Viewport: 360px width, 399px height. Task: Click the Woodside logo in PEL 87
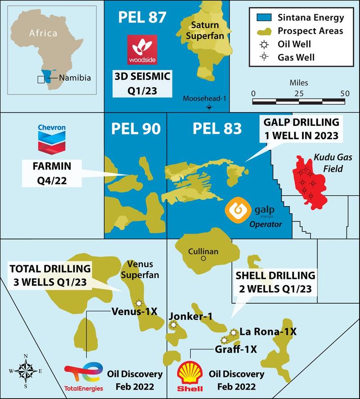tap(142, 49)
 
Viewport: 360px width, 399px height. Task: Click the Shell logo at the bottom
tap(189, 375)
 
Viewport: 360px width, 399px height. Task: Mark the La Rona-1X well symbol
tap(233, 332)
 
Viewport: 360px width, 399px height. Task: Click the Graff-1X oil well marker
tap(224, 340)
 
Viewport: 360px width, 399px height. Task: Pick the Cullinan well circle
tap(203, 259)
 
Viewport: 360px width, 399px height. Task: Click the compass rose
tap(26, 371)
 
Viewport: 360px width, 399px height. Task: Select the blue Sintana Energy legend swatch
tap(261, 18)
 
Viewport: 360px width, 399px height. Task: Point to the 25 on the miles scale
tap(298, 93)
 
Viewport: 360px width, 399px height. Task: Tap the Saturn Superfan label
tap(205, 31)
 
